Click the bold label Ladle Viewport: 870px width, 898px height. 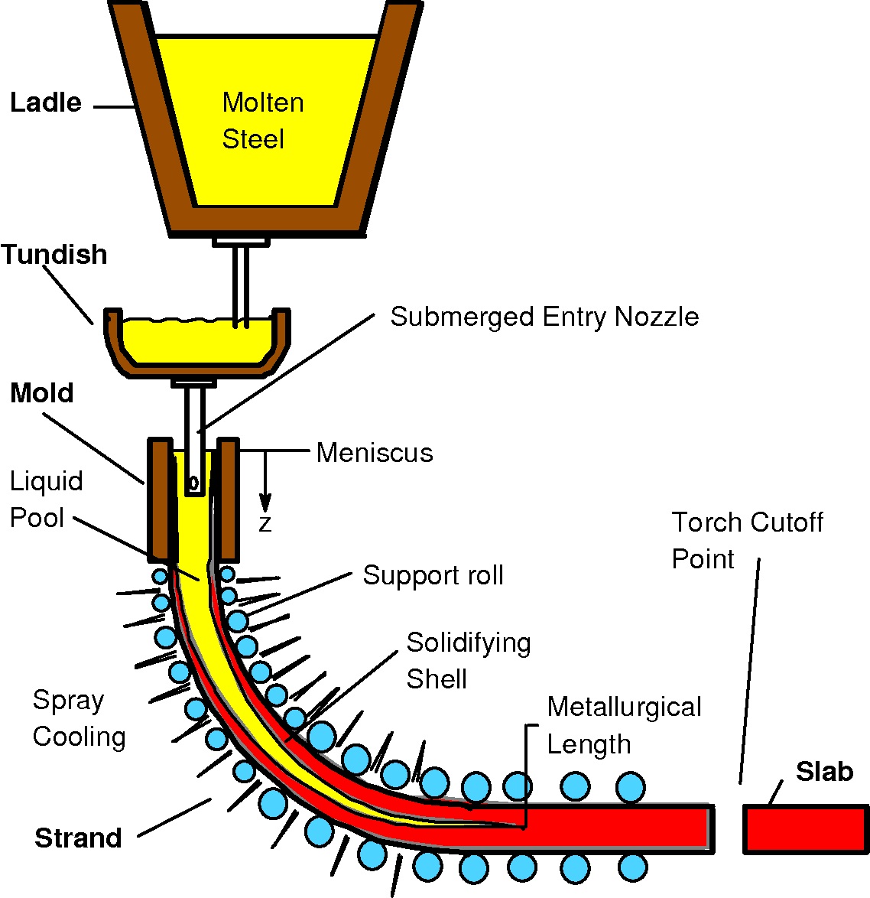[x=46, y=102]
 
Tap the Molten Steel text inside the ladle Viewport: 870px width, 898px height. [x=262, y=121]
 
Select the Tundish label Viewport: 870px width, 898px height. [x=54, y=255]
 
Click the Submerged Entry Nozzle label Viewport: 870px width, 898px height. [x=544, y=317]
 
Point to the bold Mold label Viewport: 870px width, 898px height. [x=42, y=393]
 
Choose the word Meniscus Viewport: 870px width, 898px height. [x=375, y=453]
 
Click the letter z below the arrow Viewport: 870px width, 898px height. [x=265, y=524]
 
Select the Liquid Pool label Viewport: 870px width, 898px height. [x=46, y=499]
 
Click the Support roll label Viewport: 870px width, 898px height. [x=433, y=575]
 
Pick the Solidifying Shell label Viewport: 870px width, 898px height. [x=468, y=660]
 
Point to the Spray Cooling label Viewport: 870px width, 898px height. [x=79, y=718]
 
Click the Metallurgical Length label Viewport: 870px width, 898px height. [x=624, y=725]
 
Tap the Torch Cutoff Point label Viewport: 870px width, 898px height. [x=747, y=541]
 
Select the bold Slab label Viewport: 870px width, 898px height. [x=824, y=772]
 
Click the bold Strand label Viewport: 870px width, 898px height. [x=78, y=838]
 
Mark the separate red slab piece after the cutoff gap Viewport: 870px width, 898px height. [x=807, y=829]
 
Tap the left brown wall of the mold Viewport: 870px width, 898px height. [x=160, y=497]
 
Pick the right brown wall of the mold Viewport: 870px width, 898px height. [x=228, y=497]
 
